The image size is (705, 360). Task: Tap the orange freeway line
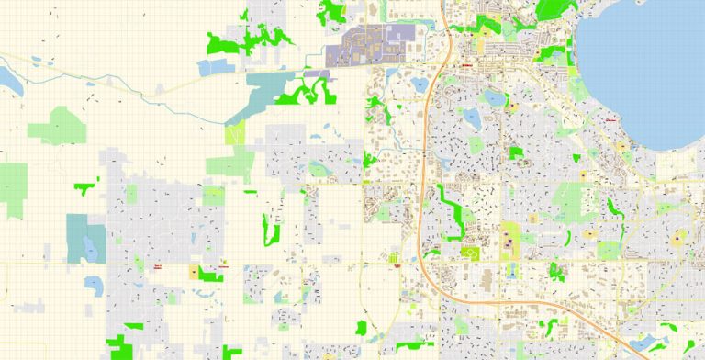coord(424,184)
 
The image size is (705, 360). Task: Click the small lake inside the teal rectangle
coord(89,246)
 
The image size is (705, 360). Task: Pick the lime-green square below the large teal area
coord(235,132)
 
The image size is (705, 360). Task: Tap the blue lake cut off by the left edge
coord(9,80)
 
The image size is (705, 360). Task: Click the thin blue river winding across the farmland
coord(110,82)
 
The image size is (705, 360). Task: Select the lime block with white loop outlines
coord(474,253)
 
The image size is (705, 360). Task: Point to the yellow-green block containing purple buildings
coord(508,241)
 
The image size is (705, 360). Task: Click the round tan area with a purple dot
coord(677,238)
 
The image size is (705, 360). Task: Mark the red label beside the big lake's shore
coord(610,119)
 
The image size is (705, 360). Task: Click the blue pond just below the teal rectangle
coord(94,284)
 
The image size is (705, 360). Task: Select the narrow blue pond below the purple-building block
coord(510,270)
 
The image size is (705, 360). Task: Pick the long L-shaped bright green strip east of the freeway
coord(453,211)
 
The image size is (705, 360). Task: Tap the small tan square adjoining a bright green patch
coord(194,271)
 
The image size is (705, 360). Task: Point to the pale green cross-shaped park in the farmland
coord(57,125)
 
